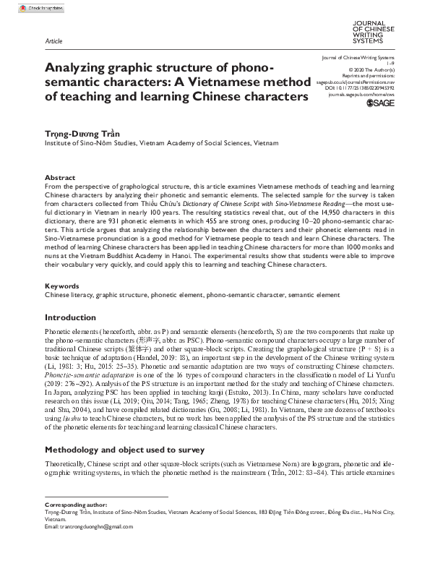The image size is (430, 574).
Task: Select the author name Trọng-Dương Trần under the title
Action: [x=76, y=133]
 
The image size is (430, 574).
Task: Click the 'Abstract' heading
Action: [x=59, y=177]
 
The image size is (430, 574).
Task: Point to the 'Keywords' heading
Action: [x=61, y=286]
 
